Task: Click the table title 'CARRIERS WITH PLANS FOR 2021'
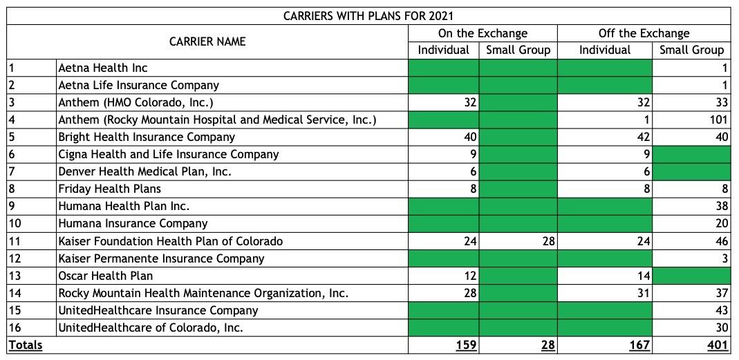click(368, 16)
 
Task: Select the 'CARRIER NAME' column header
click(207, 41)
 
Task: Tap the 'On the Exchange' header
click(483, 33)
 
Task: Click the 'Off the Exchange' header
click(644, 33)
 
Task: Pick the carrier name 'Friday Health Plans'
click(109, 189)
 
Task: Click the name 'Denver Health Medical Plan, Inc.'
click(144, 171)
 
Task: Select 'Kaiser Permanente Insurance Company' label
click(161, 258)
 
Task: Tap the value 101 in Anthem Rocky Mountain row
click(719, 120)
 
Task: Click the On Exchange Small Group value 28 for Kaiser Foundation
click(548, 241)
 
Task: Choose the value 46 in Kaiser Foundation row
click(721, 241)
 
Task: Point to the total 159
click(467, 345)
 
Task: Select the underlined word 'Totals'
click(26, 345)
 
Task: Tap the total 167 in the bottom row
click(639, 345)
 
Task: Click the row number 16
click(15, 328)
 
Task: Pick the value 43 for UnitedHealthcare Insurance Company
click(721, 310)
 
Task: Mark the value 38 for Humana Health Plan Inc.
click(721, 206)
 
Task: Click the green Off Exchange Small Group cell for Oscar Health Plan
click(691, 276)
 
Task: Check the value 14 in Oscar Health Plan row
click(644, 276)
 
